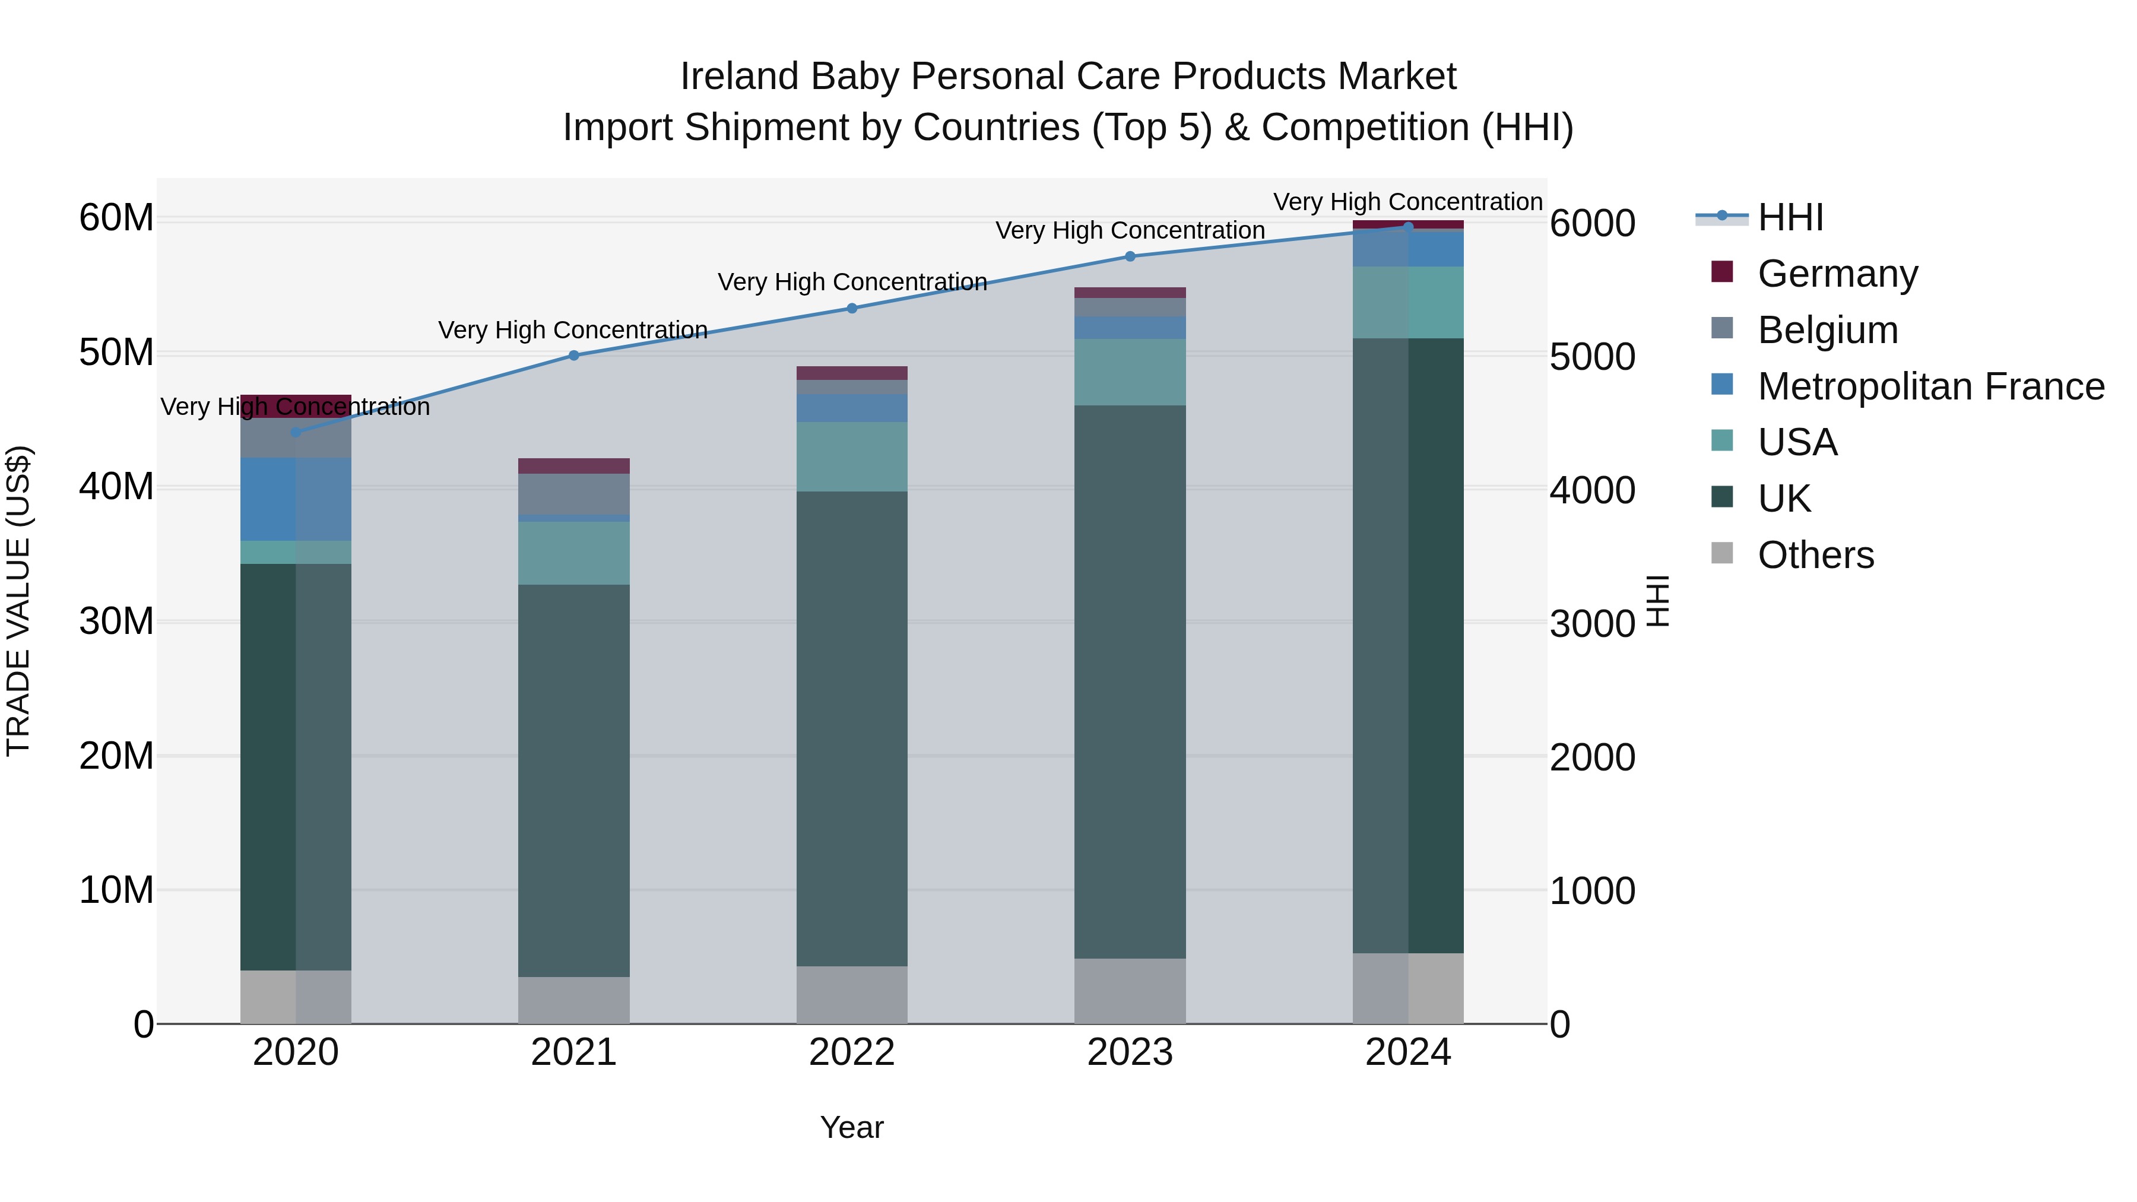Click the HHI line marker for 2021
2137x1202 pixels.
pos(573,355)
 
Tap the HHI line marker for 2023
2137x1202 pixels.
pos(1129,256)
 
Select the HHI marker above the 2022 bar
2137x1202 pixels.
pos(851,309)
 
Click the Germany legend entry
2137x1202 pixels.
pos(1837,273)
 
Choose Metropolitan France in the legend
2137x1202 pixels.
pos(1930,386)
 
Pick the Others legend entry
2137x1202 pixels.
pos(1815,554)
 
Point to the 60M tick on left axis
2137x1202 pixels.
pos(116,218)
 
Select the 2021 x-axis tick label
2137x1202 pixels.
pos(573,1052)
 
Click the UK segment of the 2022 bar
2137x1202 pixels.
pos(851,728)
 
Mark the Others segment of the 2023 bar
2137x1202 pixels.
pos(1129,991)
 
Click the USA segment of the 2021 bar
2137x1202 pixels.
pos(573,553)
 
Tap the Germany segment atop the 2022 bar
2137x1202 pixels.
pos(851,372)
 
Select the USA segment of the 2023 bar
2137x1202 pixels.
pos(1129,372)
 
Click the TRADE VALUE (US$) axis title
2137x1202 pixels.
pos(18,601)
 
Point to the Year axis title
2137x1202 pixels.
pos(851,1127)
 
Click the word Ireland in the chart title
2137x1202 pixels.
pos(740,77)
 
